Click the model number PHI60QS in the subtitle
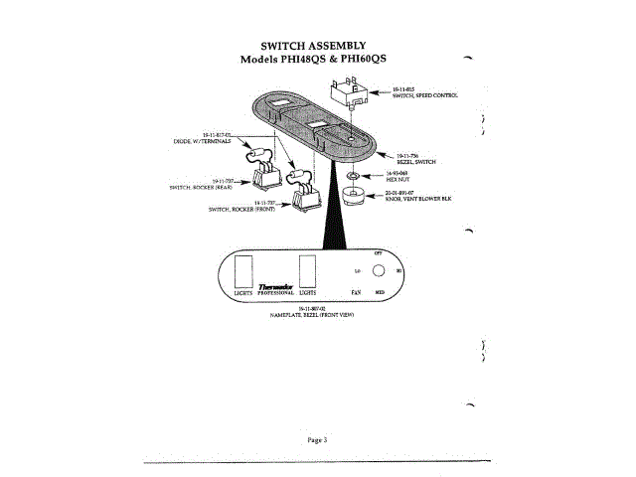click(x=357, y=60)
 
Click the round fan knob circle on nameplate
click(x=378, y=270)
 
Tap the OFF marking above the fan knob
click(x=378, y=254)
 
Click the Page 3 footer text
click(x=317, y=438)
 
